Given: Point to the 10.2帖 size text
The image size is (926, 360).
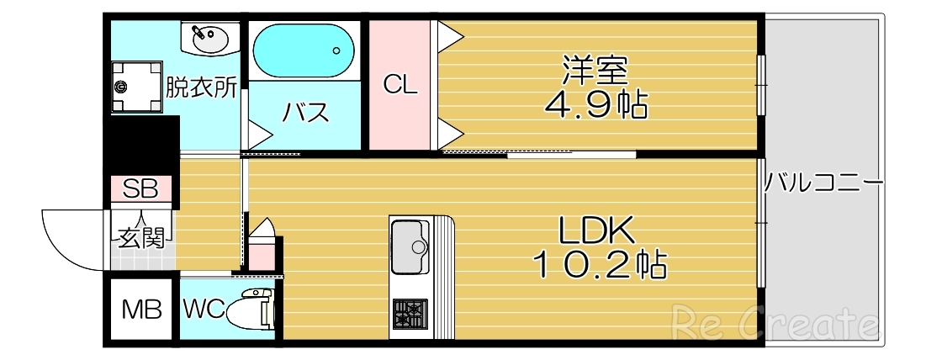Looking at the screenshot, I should (599, 265).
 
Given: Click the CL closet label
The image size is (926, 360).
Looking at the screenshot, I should (400, 84).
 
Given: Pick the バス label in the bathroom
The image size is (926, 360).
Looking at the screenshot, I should (304, 113).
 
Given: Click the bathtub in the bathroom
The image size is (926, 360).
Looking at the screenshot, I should (304, 50).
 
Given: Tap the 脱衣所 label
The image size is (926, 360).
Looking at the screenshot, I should (201, 87).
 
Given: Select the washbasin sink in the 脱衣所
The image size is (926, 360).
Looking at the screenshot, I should (207, 38).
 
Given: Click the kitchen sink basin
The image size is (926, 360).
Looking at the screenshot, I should (410, 246).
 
